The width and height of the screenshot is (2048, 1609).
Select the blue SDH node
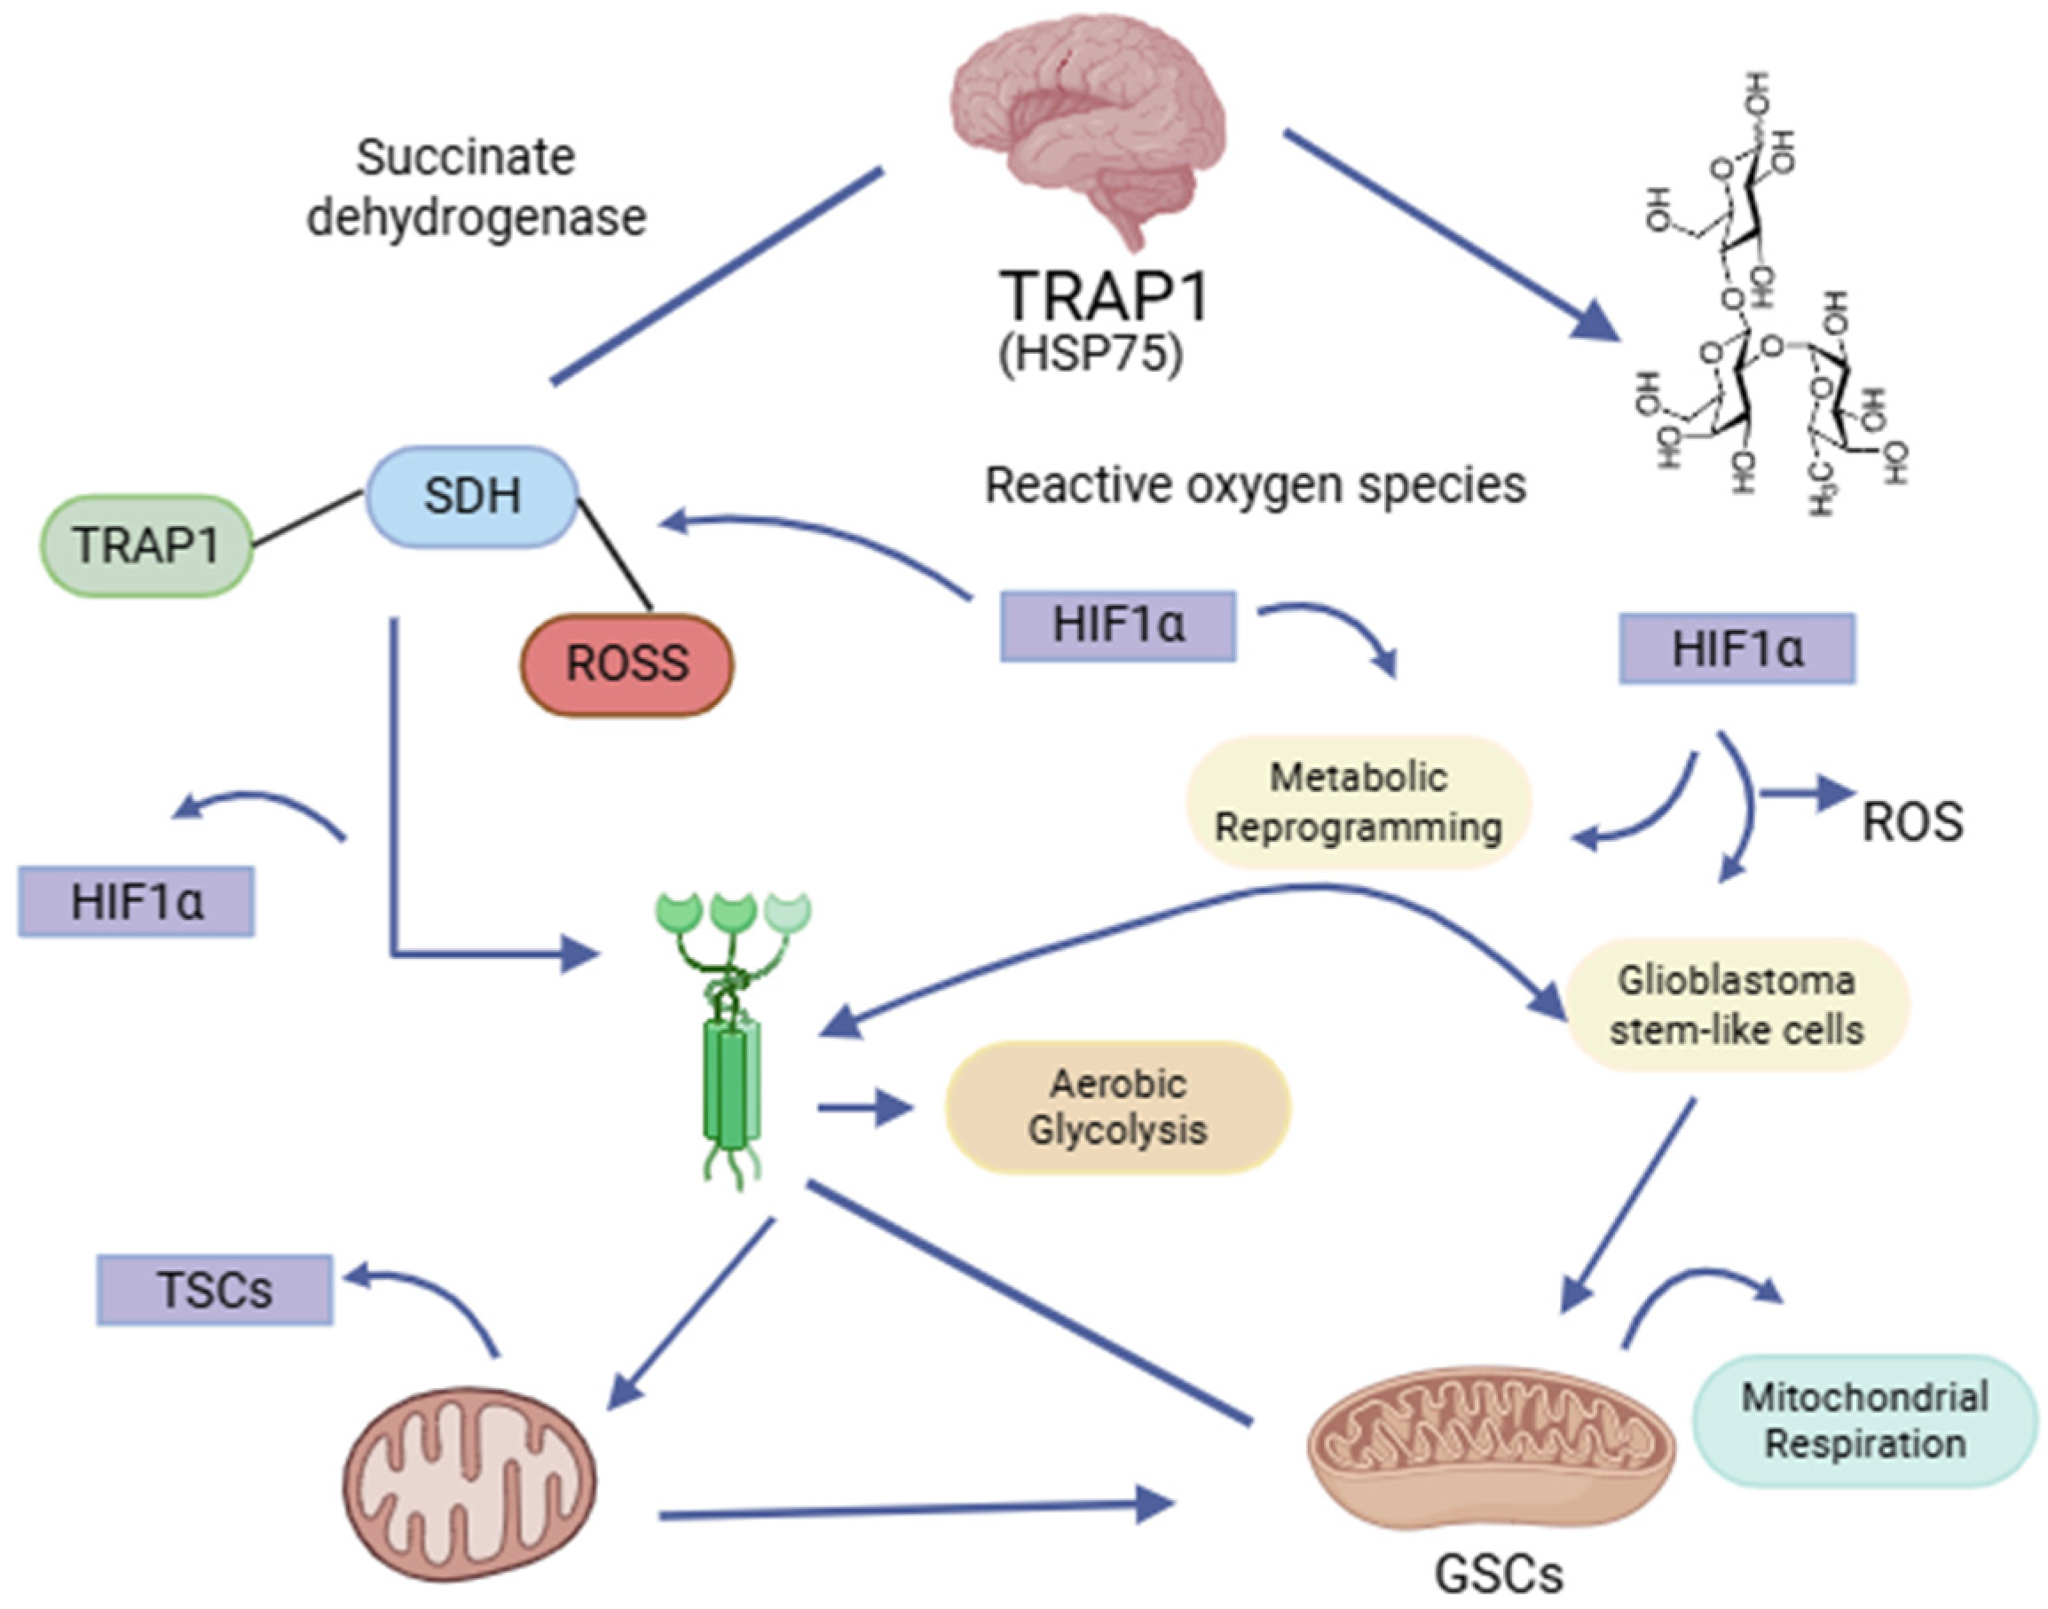(x=471, y=497)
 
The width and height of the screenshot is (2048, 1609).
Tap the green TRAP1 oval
(x=146, y=545)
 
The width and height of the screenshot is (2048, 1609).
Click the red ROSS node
(x=626, y=664)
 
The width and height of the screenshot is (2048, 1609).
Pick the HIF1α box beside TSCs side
(x=137, y=901)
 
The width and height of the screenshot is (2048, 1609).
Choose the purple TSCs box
(x=215, y=1290)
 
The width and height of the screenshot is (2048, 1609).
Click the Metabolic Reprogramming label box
(x=1357, y=803)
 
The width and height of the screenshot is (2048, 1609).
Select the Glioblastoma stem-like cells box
(x=1736, y=1005)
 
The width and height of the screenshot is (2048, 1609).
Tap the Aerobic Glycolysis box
(x=1117, y=1107)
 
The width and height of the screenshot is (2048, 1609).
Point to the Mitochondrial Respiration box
(x=1864, y=1421)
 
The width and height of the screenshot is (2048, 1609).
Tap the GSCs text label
(x=1499, y=1574)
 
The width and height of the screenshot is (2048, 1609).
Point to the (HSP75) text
(x=1091, y=356)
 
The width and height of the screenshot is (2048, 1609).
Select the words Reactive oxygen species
(x=1255, y=486)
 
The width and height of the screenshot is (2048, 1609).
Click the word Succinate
(x=465, y=157)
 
